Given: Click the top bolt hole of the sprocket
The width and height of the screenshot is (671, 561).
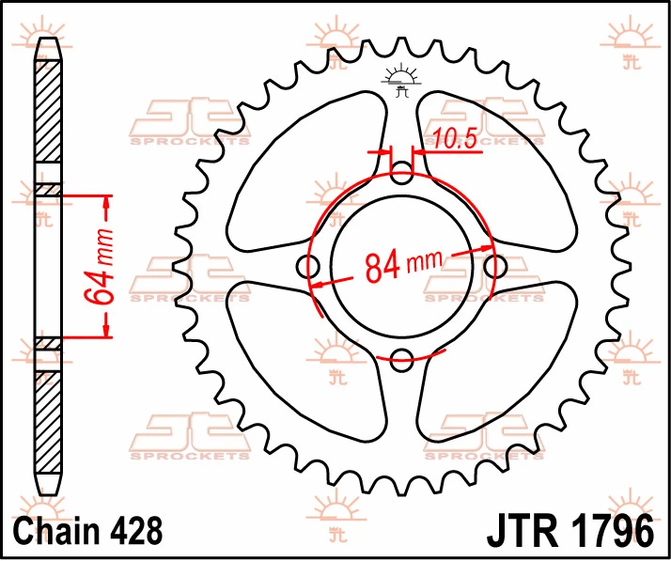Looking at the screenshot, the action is (x=401, y=173).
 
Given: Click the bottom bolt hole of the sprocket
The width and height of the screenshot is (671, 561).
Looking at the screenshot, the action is (x=401, y=360).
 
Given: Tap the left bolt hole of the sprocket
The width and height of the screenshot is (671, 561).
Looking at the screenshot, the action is (x=307, y=266).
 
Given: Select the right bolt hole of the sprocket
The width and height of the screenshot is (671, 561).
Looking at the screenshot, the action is (x=495, y=266).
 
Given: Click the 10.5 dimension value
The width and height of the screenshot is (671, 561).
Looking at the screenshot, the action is (x=455, y=138).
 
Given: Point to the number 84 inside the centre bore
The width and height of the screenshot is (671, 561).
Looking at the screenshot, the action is (x=382, y=268).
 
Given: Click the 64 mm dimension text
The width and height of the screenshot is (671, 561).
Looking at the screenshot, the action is (x=99, y=267).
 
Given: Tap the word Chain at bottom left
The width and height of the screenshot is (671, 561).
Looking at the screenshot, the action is (x=56, y=531).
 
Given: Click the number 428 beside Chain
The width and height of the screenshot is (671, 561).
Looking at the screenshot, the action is (x=136, y=531).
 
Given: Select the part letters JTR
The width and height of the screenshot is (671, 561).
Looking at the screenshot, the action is (x=523, y=532).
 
